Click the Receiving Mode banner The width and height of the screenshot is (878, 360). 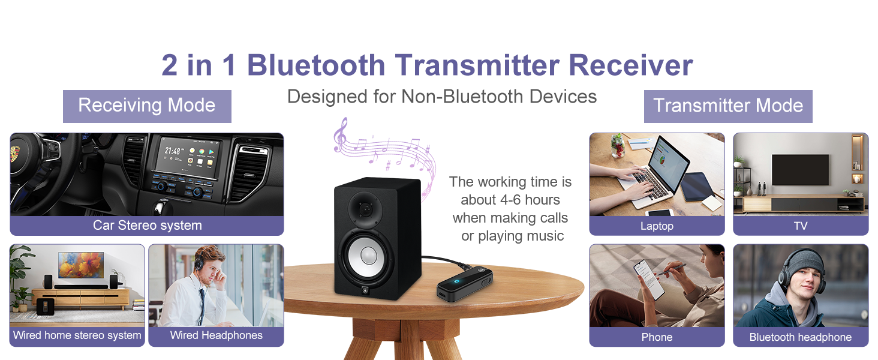point(147,106)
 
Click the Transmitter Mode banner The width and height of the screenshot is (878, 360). point(728,106)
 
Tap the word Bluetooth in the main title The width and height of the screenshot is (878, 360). point(316,65)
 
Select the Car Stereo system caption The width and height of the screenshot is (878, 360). point(147,226)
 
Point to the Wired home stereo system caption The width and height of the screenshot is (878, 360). point(77,335)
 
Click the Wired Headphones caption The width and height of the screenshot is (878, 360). point(216,335)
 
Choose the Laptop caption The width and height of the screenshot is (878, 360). point(657,226)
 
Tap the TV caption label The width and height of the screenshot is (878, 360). point(800,226)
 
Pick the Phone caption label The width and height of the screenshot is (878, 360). point(657,337)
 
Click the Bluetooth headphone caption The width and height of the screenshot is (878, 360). point(800,337)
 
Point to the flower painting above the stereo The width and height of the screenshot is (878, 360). point(81,265)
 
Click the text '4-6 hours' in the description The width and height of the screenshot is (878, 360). point(528,200)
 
